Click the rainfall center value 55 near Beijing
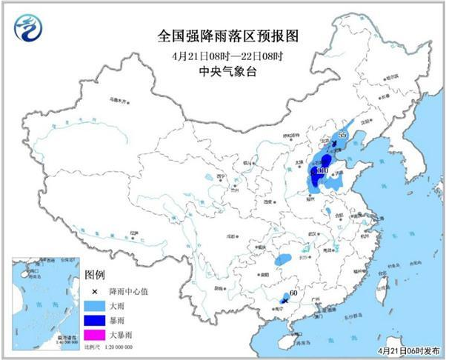click(x=342, y=136)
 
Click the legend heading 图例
click(x=96, y=275)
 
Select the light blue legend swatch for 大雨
click(x=93, y=305)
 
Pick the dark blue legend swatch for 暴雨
click(x=93, y=321)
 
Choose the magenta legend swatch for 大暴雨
click(x=93, y=336)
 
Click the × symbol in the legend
click(x=94, y=290)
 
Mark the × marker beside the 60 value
click(x=285, y=299)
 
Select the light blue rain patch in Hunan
click(x=282, y=261)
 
